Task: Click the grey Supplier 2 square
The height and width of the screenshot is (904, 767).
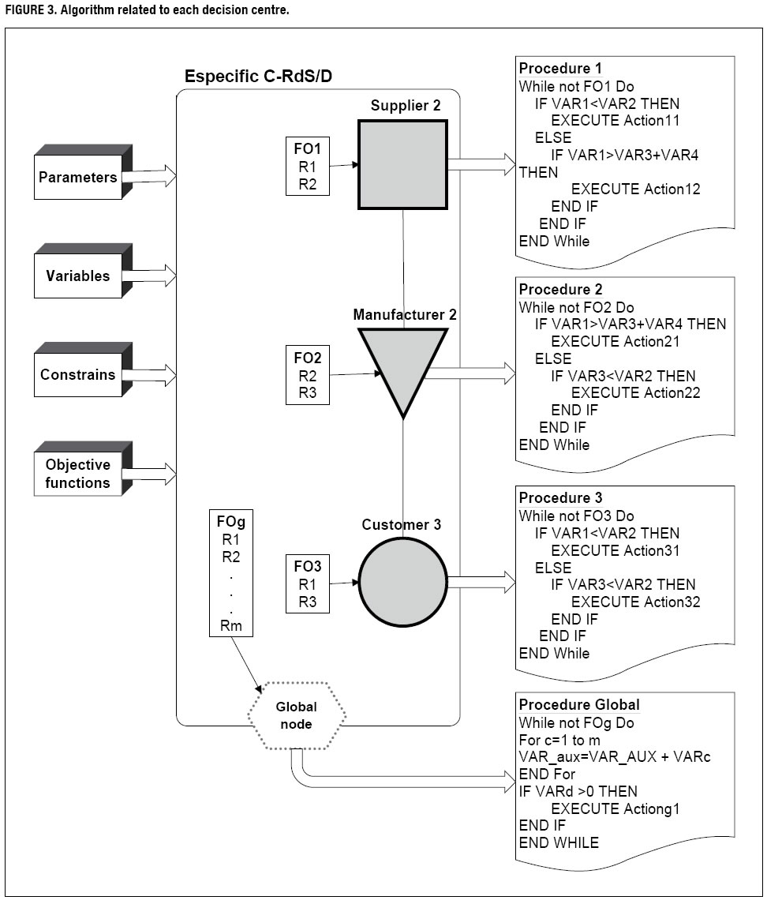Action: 403,164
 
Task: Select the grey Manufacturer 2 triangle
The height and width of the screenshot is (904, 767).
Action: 403,363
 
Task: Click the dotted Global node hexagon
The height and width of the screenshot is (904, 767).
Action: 297,715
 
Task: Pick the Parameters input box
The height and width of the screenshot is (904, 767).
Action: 79,178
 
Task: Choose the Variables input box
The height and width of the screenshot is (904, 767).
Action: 79,276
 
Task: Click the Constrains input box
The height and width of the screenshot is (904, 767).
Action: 79,375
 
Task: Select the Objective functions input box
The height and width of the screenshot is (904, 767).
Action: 77,473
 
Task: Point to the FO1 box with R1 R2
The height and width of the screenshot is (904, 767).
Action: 306,166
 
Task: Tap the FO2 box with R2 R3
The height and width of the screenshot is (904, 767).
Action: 306,373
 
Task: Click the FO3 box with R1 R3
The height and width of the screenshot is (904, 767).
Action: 306,583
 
